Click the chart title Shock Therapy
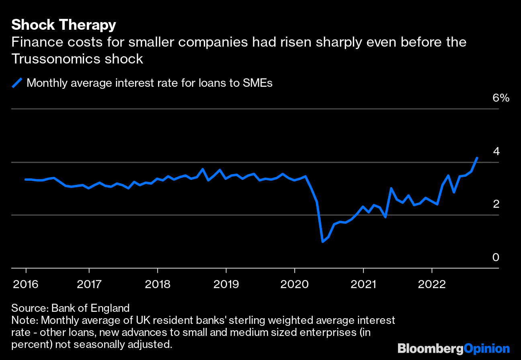[64, 25]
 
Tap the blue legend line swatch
[17, 83]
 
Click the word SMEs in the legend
[258, 83]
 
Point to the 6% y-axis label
[500, 98]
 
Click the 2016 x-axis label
[26, 284]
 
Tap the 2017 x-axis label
[89, 284]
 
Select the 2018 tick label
[157, 284]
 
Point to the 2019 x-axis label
[226, 284]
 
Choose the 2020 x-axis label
[294, 284]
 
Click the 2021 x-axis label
[363, 284]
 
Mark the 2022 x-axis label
[431, 284]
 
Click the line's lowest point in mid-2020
[322, 241]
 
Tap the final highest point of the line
[477, 158]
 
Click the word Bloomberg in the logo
[430, 348]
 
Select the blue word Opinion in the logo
[486, 348]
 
